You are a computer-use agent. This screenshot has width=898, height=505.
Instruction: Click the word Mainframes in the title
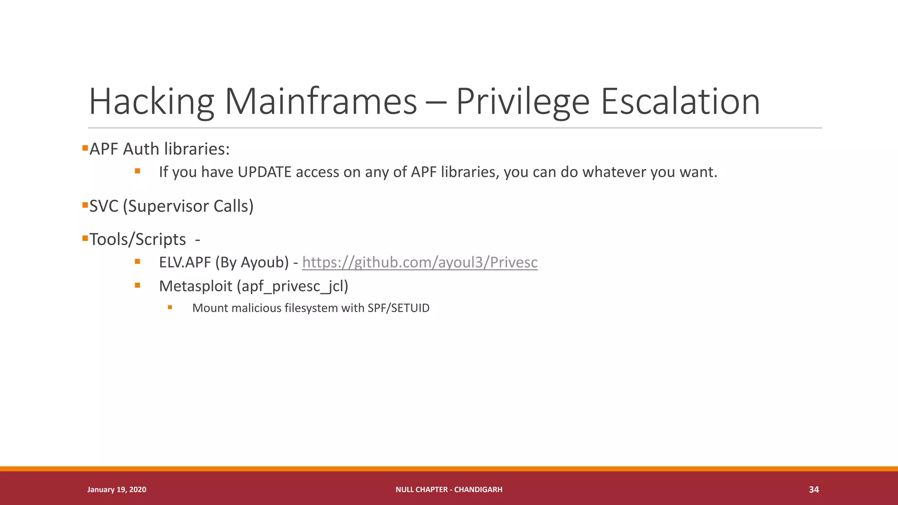pyautogui.click(x=321, y=102)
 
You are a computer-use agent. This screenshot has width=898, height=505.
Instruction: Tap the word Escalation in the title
pyautogui.click(x=680, y=102)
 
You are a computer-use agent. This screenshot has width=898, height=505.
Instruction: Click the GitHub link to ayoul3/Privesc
pyautogui.click(x=420, y=262)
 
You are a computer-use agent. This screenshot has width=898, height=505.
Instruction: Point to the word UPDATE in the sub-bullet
pyautogui.click(x=264, y=172)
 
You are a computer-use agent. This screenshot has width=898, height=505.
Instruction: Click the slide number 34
pyautogui.click(x=814, y=489)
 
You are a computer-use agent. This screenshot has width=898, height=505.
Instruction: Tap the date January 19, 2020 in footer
pyautogui.click(x=117, y=489)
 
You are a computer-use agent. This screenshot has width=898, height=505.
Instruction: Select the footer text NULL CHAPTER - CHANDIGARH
pyautogui.click(x=449, y=489)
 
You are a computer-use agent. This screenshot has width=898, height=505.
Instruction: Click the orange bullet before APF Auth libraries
pyautogui.click(x=85, y=148)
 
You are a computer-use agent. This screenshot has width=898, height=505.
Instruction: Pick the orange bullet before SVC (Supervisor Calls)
pyautogui.click(x=85, y=205)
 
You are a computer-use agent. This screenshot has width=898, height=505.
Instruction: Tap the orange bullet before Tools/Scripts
pyautogui.click(x=85, y=238)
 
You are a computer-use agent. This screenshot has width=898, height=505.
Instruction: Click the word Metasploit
pyautogui.click(x=196, y=286)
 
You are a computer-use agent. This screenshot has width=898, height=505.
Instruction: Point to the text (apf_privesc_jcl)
pyautogui.click(x=292, y=286)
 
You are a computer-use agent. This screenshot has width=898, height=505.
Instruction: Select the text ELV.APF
pyautogui.click(x=185, y=262)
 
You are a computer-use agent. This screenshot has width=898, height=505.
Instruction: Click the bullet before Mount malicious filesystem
pyautogui.click(x=170, y=307)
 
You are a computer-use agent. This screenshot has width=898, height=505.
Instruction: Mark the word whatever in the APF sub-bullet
pyautogui.click(x=614, y=172)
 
